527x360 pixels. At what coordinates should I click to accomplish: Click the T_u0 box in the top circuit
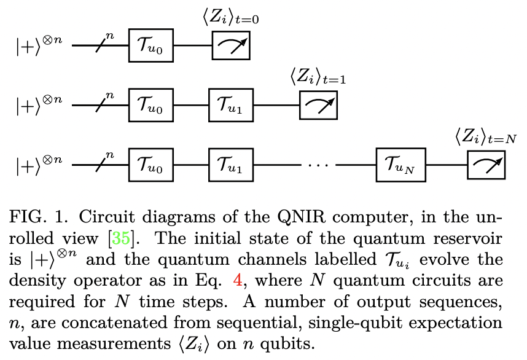(151, 46)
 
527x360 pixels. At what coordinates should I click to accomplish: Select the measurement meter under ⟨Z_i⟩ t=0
(231, 46)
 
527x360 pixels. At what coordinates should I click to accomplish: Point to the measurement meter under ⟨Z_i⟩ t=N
(486, 165)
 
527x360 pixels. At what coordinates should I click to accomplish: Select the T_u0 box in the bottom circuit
(151, 165)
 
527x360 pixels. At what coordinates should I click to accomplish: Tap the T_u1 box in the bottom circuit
(230, 165)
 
